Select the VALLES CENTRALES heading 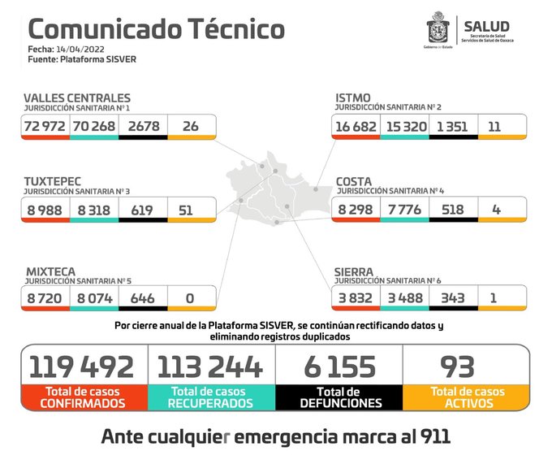(77, 98)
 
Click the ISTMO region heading (354, 98)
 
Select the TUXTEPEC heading (52, 180)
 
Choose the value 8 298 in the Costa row (356, 209)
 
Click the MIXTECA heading (50, 270)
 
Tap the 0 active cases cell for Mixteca (192, 297)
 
